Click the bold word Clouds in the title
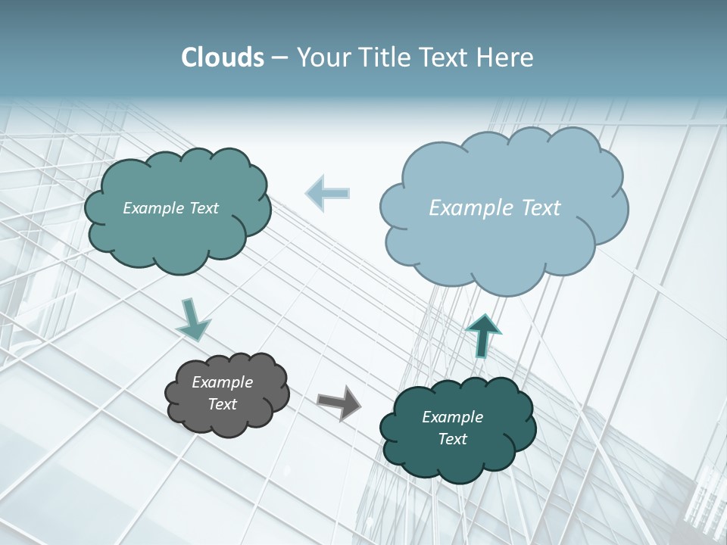222,58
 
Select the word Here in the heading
507,58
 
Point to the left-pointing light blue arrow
328,193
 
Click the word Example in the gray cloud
222,382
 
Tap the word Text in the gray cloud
222,404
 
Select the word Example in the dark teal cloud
452,417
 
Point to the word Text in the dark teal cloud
452,439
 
